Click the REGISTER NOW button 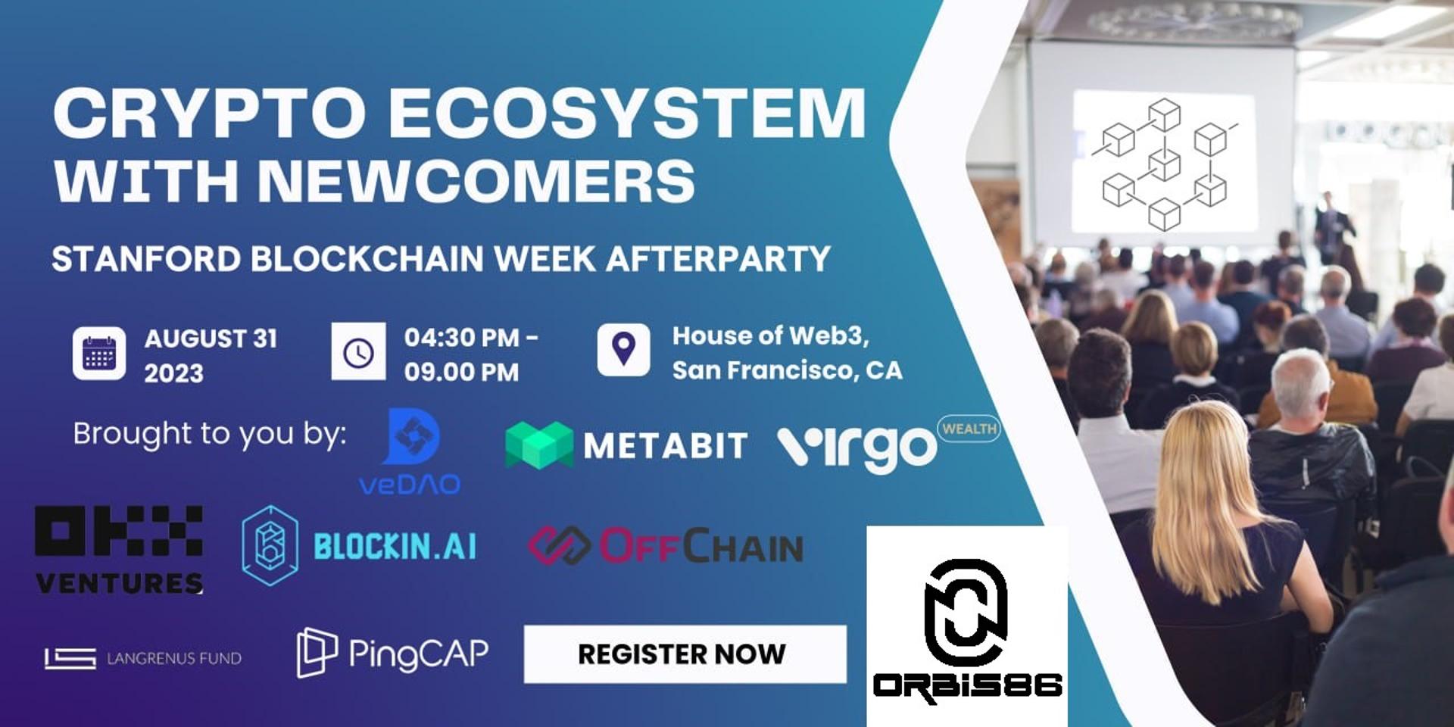pyautogui.click(x=685, y=654)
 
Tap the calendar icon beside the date pyautogui.click(x=99, y=354)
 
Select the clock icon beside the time pyautogui.click(x=358, y=351)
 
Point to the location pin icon pyautogui.click(x=623, y=349)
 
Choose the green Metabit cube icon pyautogui.click(x=539, y=445)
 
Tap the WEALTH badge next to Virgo pyautogui.click(x=969, y=429)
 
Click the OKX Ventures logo pyautogui.click(x=119, y=549)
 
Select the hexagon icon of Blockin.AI pyautogui.click(x=270, y=545)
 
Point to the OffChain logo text pyautogui.click(x=701, y=546)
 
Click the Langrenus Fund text pyautogui.click(x=174, y=658)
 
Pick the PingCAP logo pyautogui.click(x=392, y=652)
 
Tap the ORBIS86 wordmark pyautogui.click(x=967, y=686)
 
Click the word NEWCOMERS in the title pyautogui.click(x=476, y=180)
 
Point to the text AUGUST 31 pyautogui.click(x=211, y=338)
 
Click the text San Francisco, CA pyautogui.click(x=788, y=370)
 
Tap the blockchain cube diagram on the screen pyautogui.click(x=1164, y=164)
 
